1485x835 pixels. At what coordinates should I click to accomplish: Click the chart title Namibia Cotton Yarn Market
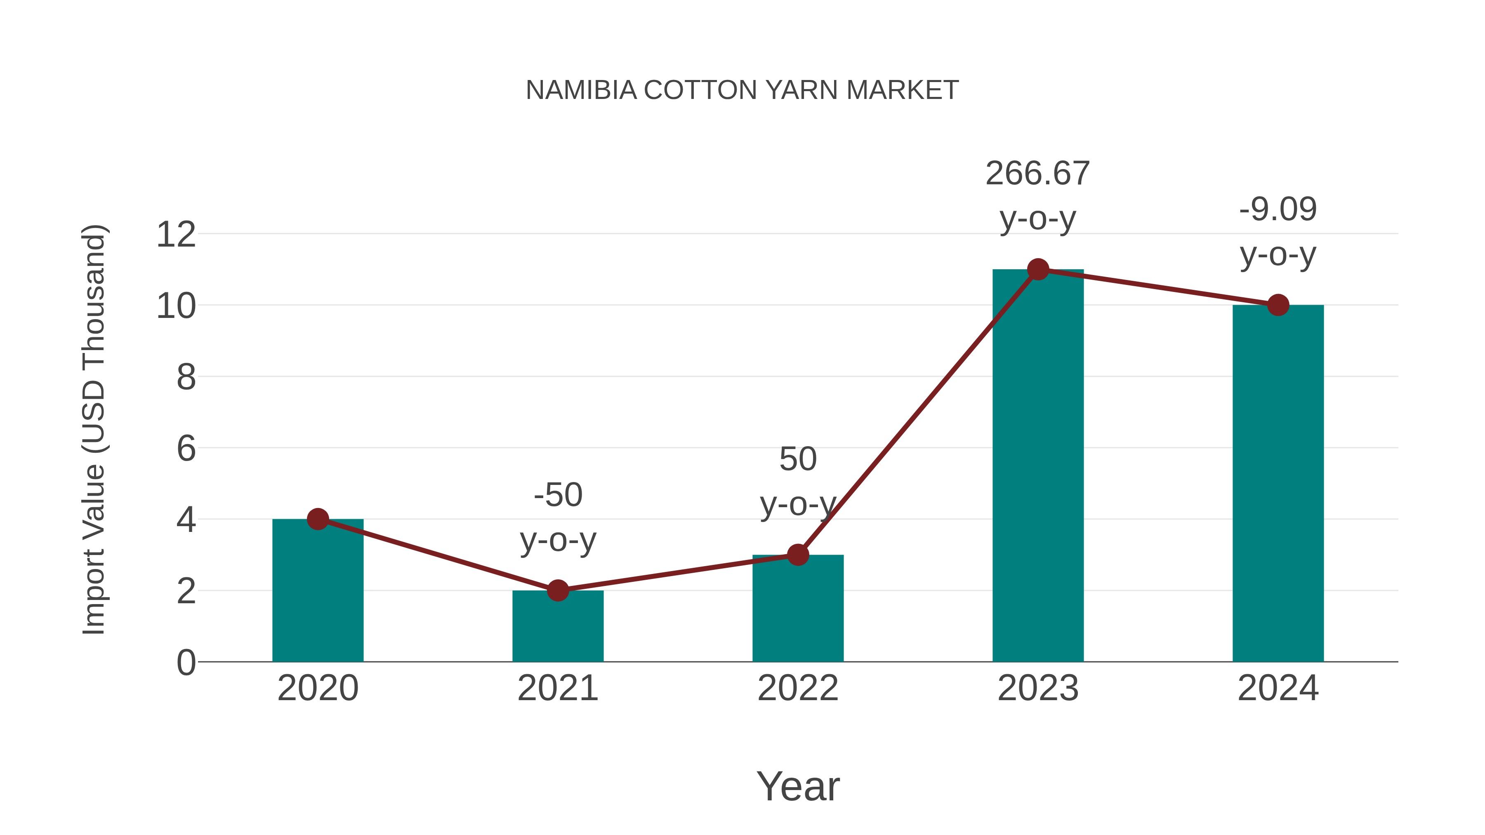[742, 90]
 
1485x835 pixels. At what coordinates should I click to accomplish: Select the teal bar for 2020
[318, 593]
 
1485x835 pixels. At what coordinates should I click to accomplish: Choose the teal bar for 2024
[1278, 484]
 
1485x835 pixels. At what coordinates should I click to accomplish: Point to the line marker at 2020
[318, 519]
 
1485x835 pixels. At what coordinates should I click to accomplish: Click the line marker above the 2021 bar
[557, 590]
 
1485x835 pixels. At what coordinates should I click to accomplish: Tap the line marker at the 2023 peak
[1038, 269]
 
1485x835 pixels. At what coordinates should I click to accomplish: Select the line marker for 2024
[1278, 305]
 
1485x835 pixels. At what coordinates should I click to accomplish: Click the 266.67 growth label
[1038, 174]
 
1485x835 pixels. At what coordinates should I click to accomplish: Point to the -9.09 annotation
[1278, 209]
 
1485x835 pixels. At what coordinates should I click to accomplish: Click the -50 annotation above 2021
[557, 495]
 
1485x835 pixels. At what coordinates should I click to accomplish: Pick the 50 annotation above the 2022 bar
[798, 459]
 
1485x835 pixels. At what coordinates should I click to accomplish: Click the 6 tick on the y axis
[186, 448]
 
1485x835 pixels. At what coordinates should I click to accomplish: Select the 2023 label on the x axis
[1038, 688]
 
